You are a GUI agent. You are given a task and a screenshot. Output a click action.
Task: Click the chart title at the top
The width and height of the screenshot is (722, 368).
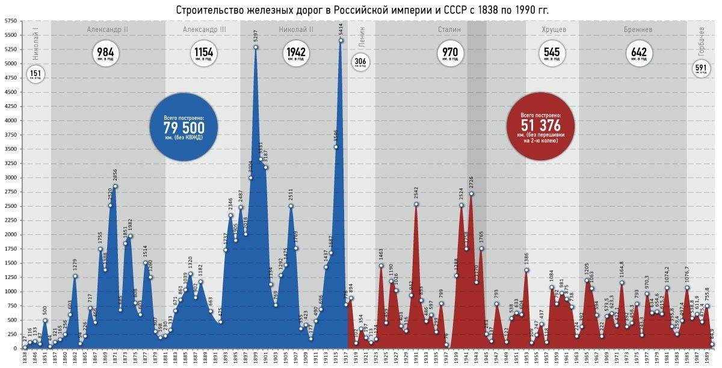point(362,10)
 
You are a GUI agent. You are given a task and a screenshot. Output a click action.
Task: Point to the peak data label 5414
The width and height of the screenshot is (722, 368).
point(341,29)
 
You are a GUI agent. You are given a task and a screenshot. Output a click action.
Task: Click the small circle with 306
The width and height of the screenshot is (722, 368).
point(360,63)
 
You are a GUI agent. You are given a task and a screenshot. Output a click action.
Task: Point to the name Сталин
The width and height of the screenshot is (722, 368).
point(449,29)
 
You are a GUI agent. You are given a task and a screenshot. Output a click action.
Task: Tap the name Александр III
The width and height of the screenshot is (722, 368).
point(204,29)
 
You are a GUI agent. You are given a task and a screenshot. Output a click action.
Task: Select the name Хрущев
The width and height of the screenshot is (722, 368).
point(552,29)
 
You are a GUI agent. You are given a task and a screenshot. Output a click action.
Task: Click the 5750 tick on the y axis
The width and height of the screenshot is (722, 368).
point(11,21)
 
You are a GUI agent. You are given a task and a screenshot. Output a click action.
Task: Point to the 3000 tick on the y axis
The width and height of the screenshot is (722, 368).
point(11,178)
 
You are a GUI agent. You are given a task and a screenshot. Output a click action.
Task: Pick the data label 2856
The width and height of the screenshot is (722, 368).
point(115,175)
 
